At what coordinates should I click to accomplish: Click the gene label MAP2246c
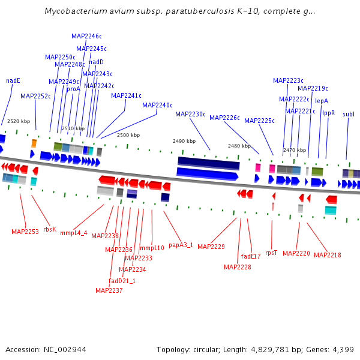(86, 36)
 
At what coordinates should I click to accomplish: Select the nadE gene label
(13, 80)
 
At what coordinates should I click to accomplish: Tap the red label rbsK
(50, 229)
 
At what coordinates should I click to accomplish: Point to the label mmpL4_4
(74, 233)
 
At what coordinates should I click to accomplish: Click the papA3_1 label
(181, 245)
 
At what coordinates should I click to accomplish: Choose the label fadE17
(251, 256)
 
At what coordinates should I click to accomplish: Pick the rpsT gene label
(271, 253)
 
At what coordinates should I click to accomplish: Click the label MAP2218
(327, 255)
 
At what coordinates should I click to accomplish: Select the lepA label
(322, 101)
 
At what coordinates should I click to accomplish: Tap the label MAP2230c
(190, 114)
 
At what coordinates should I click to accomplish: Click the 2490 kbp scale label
(184, 141)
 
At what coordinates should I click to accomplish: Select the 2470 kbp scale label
(294, 150)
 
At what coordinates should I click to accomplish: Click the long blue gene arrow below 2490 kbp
(207, 174)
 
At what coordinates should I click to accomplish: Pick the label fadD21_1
(122, 281)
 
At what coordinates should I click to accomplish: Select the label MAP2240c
(157, 105)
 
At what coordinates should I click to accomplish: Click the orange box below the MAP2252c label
(34, 143)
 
